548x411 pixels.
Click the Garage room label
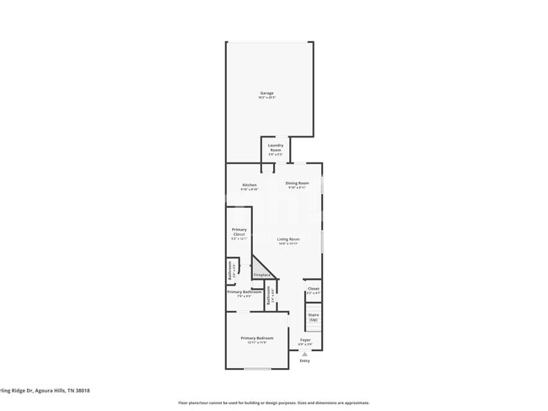[266, 93]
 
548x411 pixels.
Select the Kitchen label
[249, 184]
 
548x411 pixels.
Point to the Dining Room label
[297, 183]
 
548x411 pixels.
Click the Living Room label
[288, 239]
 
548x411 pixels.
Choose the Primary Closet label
[239, 232]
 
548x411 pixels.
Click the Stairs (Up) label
[314, 317]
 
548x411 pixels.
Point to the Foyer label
[305, 339]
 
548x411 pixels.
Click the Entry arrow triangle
[304, 355]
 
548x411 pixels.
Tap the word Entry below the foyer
[304, 361]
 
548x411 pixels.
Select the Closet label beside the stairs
[313, 288]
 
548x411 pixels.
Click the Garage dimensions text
[266, 98]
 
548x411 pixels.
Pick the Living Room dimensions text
[288, 244]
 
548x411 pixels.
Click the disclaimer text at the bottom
[273, 403]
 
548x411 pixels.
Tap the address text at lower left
[46, 390]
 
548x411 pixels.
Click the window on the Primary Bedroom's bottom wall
[256, 368]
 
